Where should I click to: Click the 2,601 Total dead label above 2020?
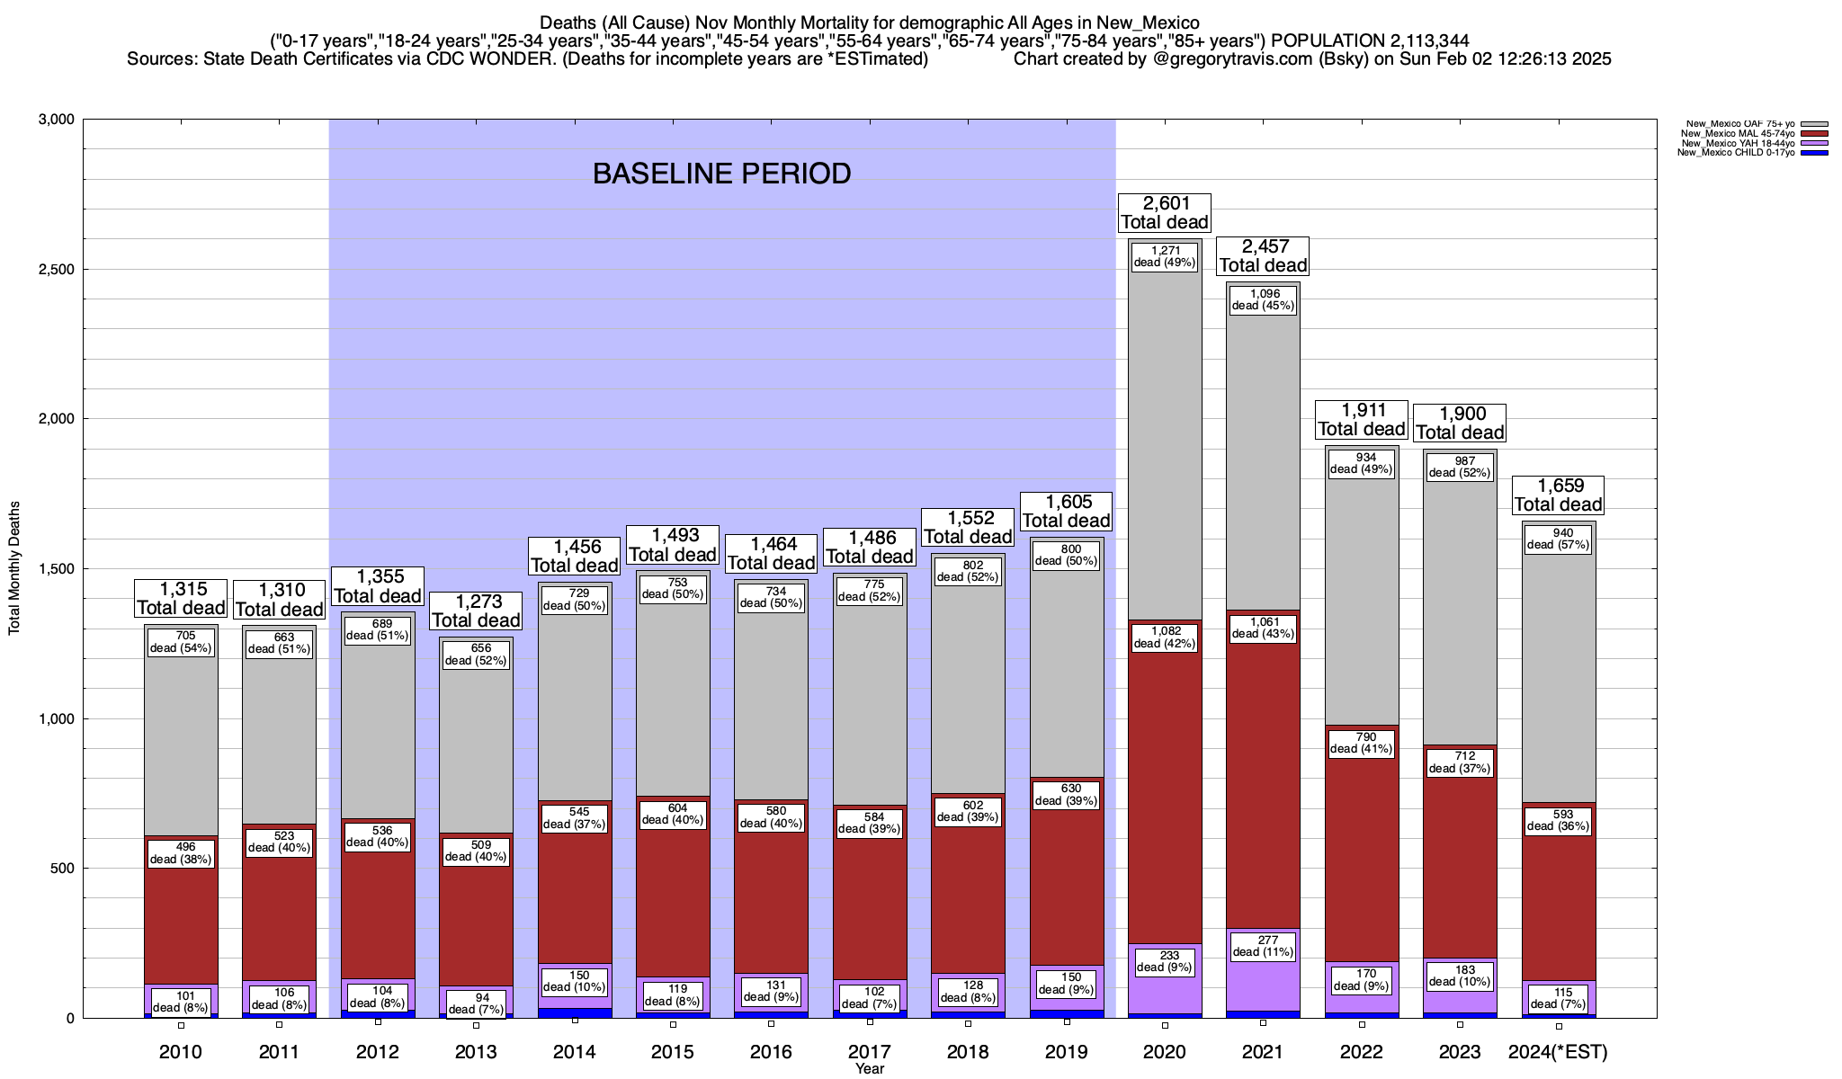1165,213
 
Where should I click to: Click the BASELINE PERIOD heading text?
721,174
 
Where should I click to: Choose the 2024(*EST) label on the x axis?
1558,1052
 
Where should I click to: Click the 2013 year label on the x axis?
476,1052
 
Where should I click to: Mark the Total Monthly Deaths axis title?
14,567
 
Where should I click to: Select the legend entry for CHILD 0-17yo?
1740,153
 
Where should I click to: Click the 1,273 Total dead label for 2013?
476,611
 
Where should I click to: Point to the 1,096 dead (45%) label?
1263,299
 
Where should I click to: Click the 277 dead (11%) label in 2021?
1263,946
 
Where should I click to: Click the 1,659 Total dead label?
1558,495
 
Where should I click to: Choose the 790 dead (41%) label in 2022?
1361,743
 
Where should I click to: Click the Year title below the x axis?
870,1069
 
